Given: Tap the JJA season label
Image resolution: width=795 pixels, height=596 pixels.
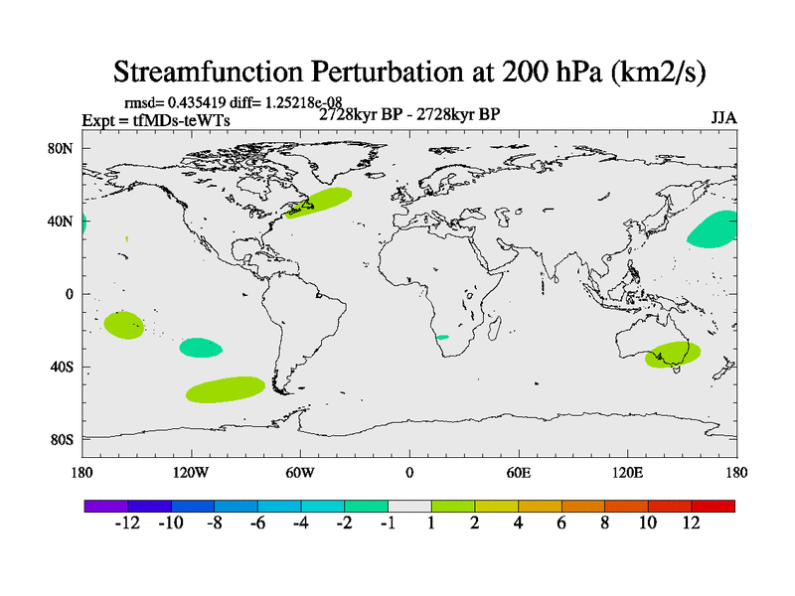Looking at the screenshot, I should (x=723, y=117).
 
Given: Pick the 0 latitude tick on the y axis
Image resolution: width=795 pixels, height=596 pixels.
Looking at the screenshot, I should (x=70, y=294).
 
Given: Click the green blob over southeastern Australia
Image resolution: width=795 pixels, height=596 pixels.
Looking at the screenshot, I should (x=673, y=354).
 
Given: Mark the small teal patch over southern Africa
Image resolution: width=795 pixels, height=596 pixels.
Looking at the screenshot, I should (x=442, y=338).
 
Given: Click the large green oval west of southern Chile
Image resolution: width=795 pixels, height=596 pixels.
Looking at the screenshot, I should (x=226, y=388).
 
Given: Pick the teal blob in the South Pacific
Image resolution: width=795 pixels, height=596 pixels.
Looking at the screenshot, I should (x=201, y=347).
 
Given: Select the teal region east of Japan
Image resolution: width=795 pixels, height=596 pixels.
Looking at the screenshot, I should (x=714, y=229).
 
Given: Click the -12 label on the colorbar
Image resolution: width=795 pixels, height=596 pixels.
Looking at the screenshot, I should (x=128, y=523).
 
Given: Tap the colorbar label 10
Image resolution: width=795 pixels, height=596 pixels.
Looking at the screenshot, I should (x=648, y=523).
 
